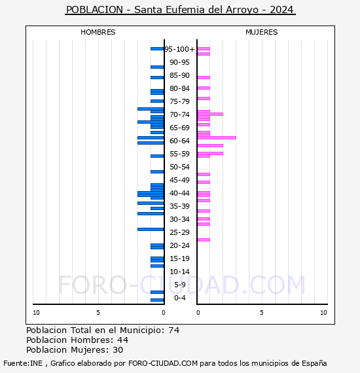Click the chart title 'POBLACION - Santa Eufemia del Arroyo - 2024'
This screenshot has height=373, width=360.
coord(180,10)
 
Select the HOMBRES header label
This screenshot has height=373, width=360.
coord(98,32)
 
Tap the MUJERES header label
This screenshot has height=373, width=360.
coord(262,32)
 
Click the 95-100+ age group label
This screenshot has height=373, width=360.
coord(180,49)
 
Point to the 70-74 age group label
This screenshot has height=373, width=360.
coord(180,115)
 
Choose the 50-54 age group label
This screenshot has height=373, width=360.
coord(180,167)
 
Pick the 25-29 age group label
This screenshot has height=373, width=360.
coord(180,232)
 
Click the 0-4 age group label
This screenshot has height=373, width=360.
coord(180,298)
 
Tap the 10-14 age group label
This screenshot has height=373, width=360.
coord(180,272)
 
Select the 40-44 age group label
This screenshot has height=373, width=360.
coord(180,193)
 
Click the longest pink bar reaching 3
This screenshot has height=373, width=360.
coord(217,137)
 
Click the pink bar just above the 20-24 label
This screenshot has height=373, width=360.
coord(204,240)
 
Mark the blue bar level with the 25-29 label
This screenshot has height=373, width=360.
coord(151,229)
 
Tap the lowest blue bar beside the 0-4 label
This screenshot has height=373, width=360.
coord(157,300)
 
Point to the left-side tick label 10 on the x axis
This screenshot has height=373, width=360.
coord(36,313)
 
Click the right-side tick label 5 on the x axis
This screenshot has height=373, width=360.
coord(261,313)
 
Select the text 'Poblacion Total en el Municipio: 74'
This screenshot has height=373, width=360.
coord(103,330)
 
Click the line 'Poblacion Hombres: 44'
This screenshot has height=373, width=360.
coord(77,340)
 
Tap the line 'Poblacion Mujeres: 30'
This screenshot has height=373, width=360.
coord(76,349)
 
